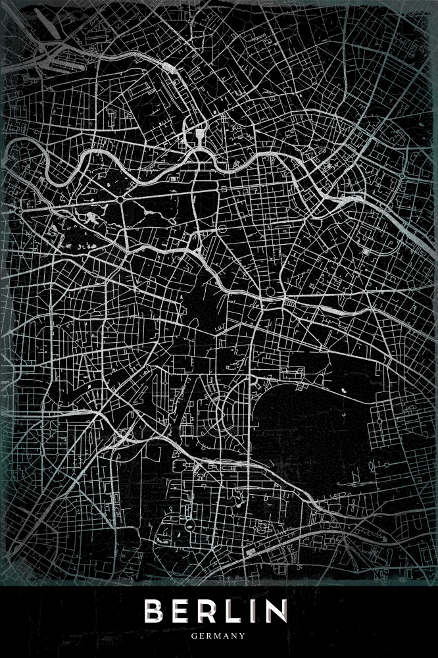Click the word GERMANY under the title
[x=219, y=636]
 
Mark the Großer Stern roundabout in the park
[x=122, y=197]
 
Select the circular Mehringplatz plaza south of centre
[x=270, y=292]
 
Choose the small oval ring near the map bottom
[x=189, y=524]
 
